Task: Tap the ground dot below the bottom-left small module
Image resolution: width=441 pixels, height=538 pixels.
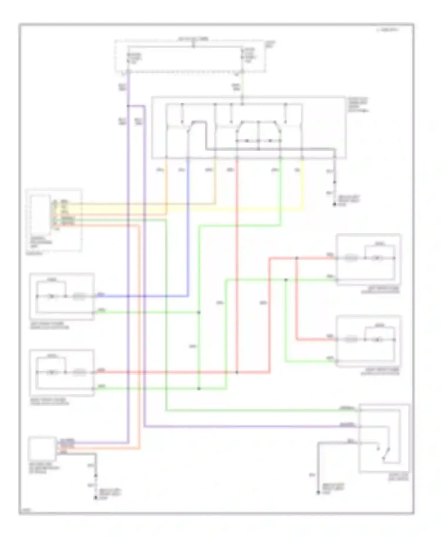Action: [x=95, y=498]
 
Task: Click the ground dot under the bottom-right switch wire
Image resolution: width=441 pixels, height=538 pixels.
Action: [x=318, y=492]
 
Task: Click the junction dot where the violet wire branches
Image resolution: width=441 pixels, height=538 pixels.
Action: [x=128, y=106]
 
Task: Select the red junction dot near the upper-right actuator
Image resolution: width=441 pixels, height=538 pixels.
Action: [x=297, y=258]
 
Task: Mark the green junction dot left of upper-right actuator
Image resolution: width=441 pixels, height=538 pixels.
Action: [x=286, y=280]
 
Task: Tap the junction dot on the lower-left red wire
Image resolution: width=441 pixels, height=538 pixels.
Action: [x=237, y=372]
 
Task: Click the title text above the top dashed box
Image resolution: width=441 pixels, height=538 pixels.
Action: [x=193, y=39]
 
